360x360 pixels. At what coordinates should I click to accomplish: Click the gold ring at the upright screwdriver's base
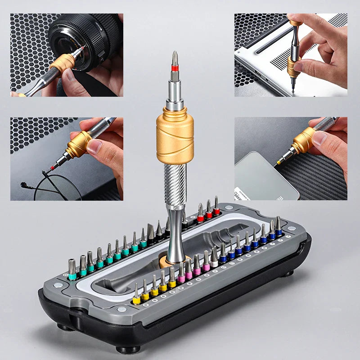[175, 260]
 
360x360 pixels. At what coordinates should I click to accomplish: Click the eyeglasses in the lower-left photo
[54, 184]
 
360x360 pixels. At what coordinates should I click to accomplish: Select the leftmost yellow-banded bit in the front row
[136, 296]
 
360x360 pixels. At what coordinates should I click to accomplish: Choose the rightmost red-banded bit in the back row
[216, 207]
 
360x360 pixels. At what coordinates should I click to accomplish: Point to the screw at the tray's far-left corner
[58, 285]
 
